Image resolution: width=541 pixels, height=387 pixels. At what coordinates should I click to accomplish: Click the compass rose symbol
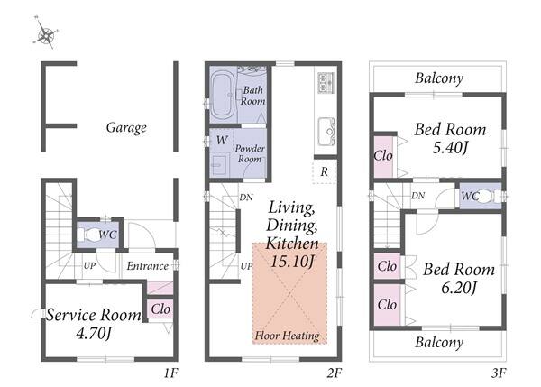point(46,32)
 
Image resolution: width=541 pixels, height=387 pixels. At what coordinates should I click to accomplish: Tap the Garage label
point(126,128)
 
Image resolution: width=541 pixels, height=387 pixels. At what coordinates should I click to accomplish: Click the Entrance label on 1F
point(148,266)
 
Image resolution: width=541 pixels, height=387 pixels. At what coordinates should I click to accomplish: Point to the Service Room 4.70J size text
point(94,334)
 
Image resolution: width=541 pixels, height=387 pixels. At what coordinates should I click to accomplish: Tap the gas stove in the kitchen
point(326,82)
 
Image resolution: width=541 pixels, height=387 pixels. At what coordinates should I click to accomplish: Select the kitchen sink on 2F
point(326,132)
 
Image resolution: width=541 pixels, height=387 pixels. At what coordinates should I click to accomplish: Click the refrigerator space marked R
point(324,171)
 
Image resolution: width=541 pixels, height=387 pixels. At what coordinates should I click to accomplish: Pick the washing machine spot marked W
point(222,140)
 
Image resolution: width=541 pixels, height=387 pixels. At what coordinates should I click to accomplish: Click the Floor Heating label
point(287,336)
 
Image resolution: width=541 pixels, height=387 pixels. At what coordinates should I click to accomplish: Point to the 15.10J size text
point(292,262)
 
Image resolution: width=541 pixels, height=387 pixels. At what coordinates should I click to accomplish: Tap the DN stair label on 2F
point(246,198)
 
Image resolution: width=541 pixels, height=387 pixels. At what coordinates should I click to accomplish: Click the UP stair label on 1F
point(89,266)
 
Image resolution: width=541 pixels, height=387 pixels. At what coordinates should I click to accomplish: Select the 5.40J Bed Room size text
point(450,148)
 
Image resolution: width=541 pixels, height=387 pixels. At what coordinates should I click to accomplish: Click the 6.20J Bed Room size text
point(459,287)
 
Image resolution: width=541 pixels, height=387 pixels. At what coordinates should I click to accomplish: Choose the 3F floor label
point(499,373)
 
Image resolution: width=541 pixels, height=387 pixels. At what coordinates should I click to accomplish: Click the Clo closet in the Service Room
point(160,309)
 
